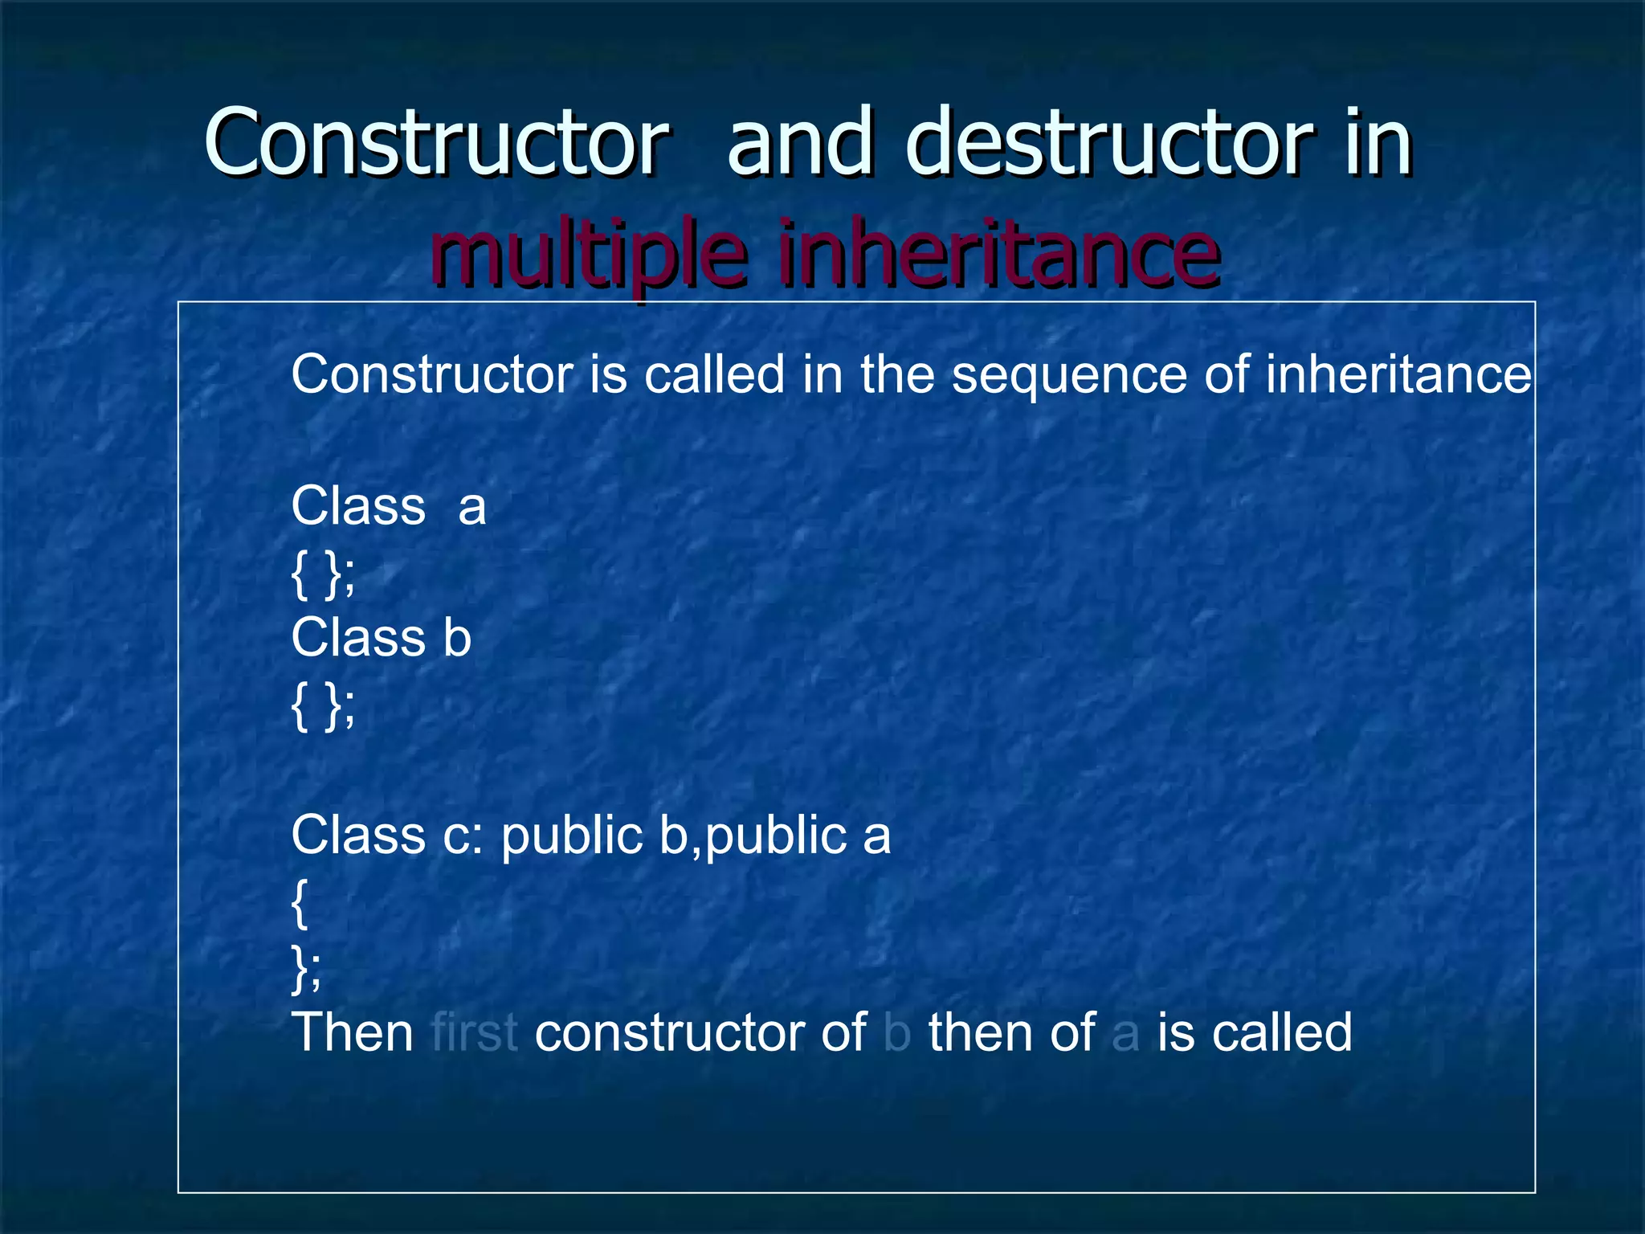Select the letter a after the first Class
pyautogui.click(x=472, y=508)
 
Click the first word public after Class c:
pyautogui.click(x=572, y=836)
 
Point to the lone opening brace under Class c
pyautogui.click(x=300, y=903)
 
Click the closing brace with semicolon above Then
pyautogui.click(x=306, y=968)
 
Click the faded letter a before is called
pyautogui.click(x=1125, y=1034)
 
